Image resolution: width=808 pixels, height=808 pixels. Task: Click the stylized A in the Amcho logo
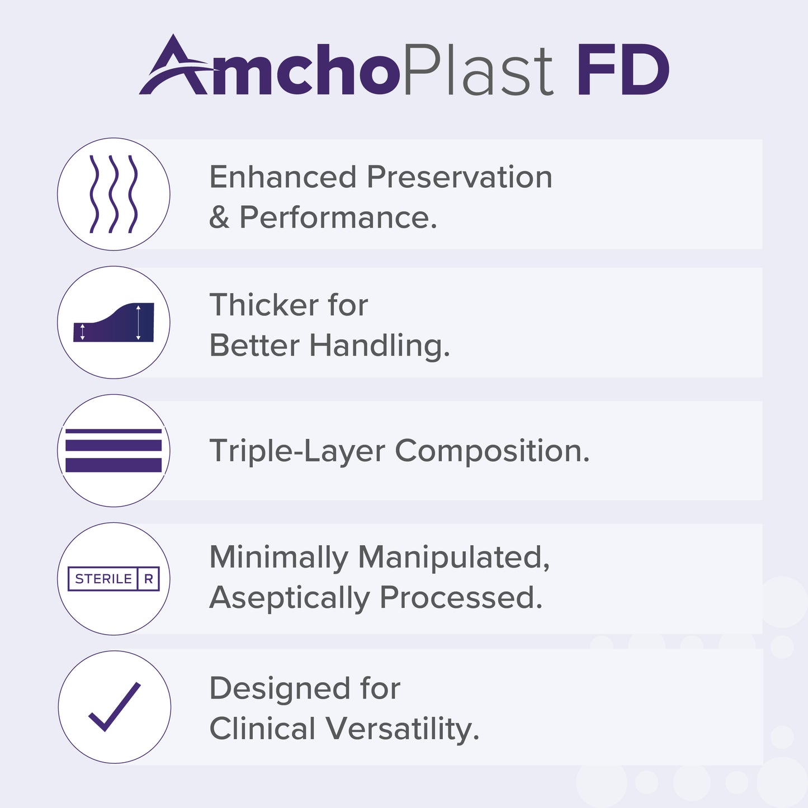coord(173,67)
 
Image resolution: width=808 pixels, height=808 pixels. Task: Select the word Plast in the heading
coord(478,70)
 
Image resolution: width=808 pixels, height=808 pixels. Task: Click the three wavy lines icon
coord(114,194)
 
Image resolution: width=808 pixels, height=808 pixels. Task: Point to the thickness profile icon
coord(114,323)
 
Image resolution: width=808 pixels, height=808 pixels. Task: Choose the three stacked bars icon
coord(114,451)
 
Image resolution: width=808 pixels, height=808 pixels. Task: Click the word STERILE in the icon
coord(103,579)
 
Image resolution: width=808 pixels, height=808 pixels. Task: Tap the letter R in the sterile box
coord(149,579)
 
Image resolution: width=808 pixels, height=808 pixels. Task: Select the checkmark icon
coord(115,707)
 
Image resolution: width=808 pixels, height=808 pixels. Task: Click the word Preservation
coord(460,177)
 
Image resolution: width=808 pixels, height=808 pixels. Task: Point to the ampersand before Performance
coord(219,218)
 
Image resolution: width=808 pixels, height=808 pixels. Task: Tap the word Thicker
coord(263,305)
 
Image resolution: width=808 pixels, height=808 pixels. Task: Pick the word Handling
coord(380,346)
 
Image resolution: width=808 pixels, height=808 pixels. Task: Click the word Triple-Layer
coord(297,451)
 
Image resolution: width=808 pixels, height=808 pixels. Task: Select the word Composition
coord(492,451)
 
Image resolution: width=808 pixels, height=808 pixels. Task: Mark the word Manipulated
coord(453,557)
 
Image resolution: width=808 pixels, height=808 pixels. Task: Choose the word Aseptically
coord(289,598)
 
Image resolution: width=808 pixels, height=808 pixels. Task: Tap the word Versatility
coord(403,729)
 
